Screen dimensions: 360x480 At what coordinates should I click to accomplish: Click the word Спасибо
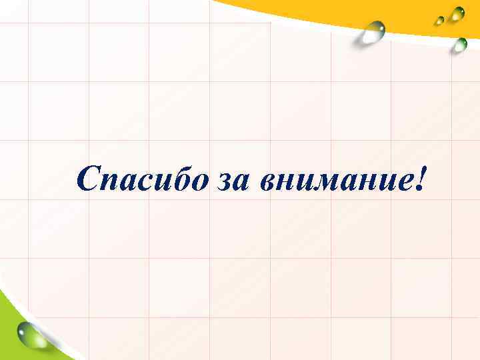(141, 179)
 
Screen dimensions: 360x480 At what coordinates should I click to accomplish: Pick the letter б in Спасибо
(176, 177)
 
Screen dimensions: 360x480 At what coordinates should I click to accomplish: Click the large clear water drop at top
(371, 32)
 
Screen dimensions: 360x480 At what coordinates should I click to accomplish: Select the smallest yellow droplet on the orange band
(440, 20)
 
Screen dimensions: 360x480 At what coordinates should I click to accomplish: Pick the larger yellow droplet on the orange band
(457, 14)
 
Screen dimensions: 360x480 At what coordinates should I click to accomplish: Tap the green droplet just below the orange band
(460, 45)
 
